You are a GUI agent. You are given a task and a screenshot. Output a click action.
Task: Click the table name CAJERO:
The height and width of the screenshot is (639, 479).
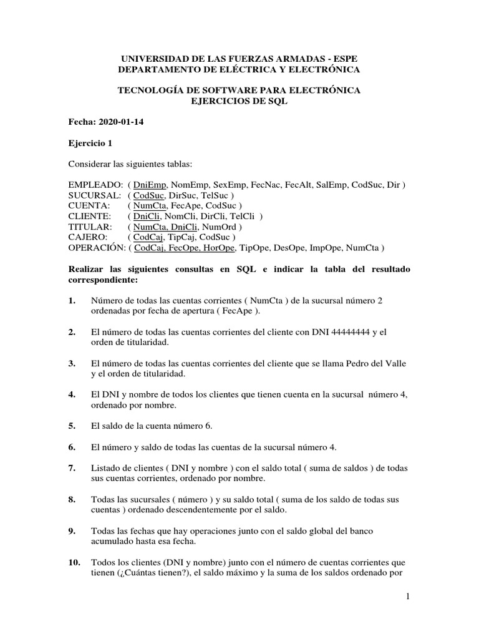point(88,238)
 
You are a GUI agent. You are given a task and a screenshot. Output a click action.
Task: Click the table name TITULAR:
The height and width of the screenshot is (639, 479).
point(90,227)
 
